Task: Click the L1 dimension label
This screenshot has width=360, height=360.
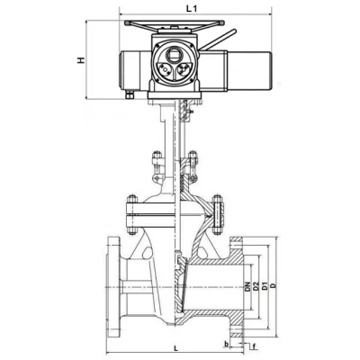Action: click(x=192, y=9)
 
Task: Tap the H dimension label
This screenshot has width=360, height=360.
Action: click(x=81, y=60)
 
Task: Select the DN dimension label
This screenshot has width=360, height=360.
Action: click(x=247, y=287)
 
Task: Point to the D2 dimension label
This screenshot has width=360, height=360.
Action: click(x=256, y=286)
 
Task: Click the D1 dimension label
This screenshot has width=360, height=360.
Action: click(x=265, y=286)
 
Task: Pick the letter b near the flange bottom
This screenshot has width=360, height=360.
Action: click(x=227, y=344)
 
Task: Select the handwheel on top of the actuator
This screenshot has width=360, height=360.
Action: click(x=175, y=23)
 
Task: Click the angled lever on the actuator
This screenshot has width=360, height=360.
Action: click(x=218, y=40)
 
